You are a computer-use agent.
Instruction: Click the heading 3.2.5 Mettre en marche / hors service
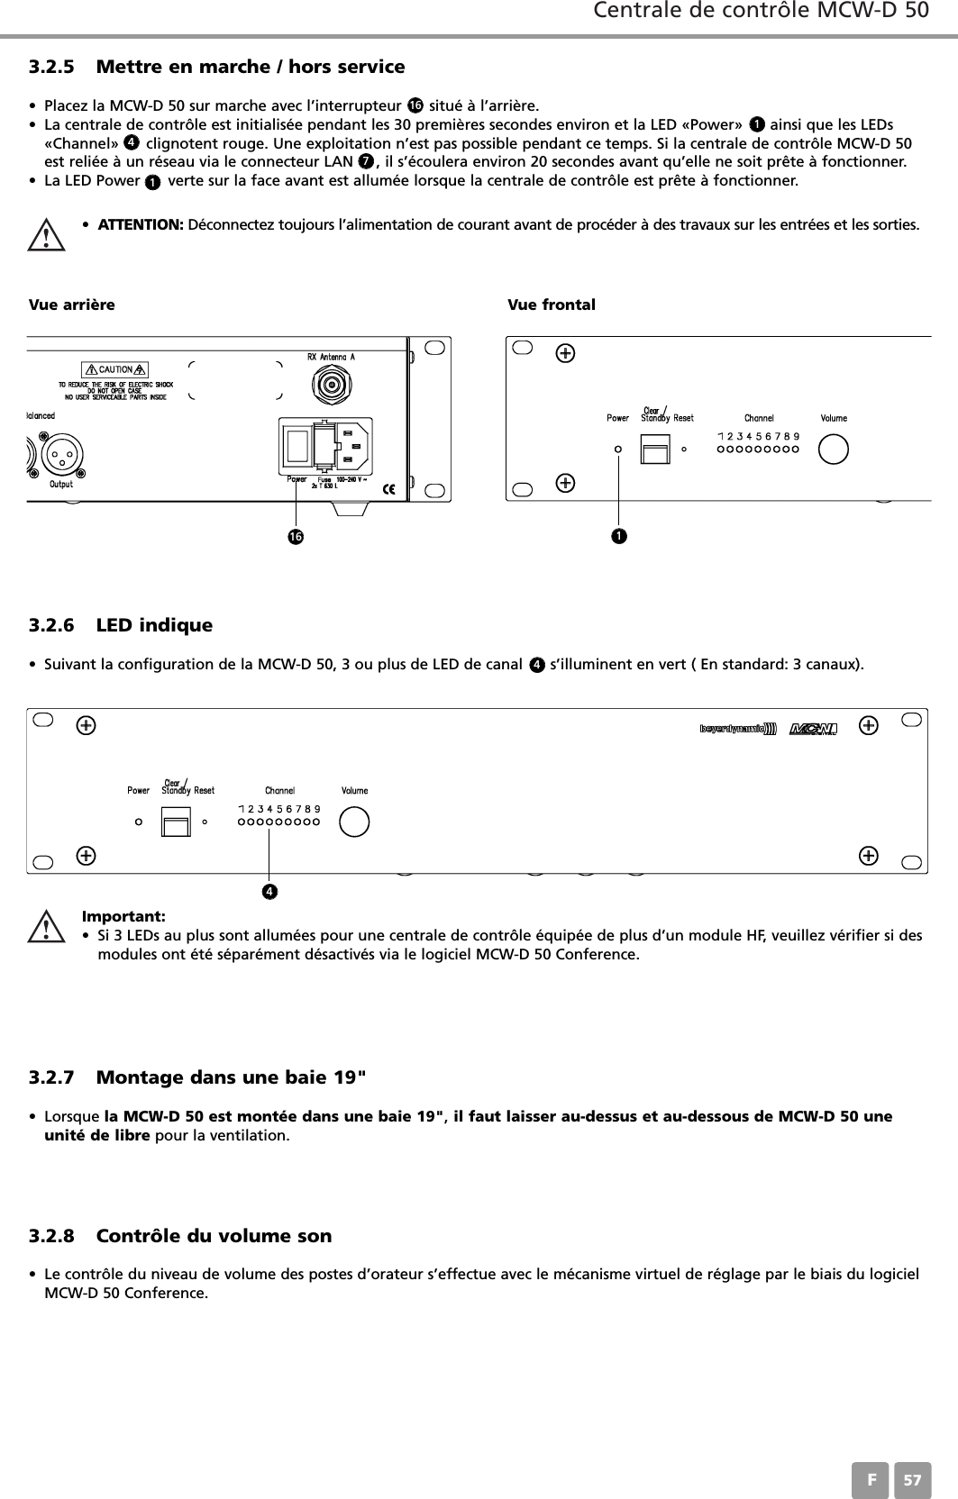pyautogui.click(x=216, y=67)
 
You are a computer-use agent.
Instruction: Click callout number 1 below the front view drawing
pyautogui.click(x=618, y=537)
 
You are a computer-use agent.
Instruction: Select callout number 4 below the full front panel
pyautogui.click(x=269, y=892)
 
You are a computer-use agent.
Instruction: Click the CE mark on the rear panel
pyautogui.click(x=389, y=489)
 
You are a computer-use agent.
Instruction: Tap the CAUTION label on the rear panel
pyautogui.click(x=115, y=369)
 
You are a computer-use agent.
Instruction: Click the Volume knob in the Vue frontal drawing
pyautogui.click(x=834, y=449)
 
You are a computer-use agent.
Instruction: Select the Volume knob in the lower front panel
pyautogui.click(x=354, y=822)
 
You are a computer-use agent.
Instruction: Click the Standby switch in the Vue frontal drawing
pyautogui.click(x=655, y=449)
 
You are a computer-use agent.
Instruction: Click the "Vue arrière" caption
pyautogui.click(x=72, y=304)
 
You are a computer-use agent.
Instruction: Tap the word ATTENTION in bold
pyautogui.click(x=141, y=224)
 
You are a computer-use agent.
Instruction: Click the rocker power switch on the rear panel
pyautogui.click(x=300, y=447)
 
